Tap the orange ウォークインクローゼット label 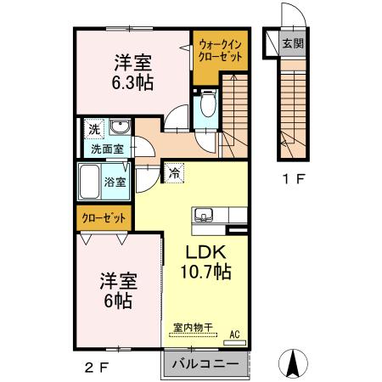point(219,50)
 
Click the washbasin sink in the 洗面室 point(121,129)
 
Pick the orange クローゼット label point(104,218)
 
